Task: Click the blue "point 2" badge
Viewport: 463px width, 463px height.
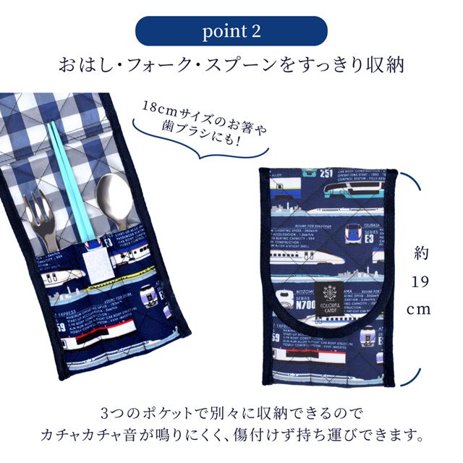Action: (x=231, y=32)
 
